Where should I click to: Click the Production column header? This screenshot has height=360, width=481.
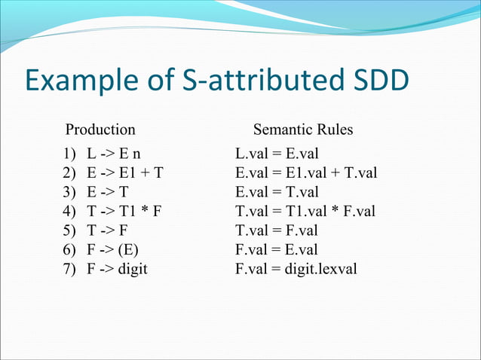click(100, 130)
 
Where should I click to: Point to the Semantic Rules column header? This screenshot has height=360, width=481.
click(302, 130)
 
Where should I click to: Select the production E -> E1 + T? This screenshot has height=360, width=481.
click(124, 173)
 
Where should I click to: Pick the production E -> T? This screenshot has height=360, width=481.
click(106, 192)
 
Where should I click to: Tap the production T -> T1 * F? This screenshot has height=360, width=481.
click(124, 211)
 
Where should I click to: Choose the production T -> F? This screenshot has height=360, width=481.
click(106, 230)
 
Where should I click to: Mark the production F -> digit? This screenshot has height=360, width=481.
click(116, 267)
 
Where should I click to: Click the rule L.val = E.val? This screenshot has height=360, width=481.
click(277, 154)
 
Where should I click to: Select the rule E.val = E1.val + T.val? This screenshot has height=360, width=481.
click(305, 173)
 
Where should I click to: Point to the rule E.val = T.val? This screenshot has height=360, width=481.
click(277, 192)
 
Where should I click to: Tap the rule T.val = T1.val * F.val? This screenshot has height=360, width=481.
click(305, 211)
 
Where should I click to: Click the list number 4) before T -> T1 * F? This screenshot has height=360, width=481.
click(69, 211)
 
